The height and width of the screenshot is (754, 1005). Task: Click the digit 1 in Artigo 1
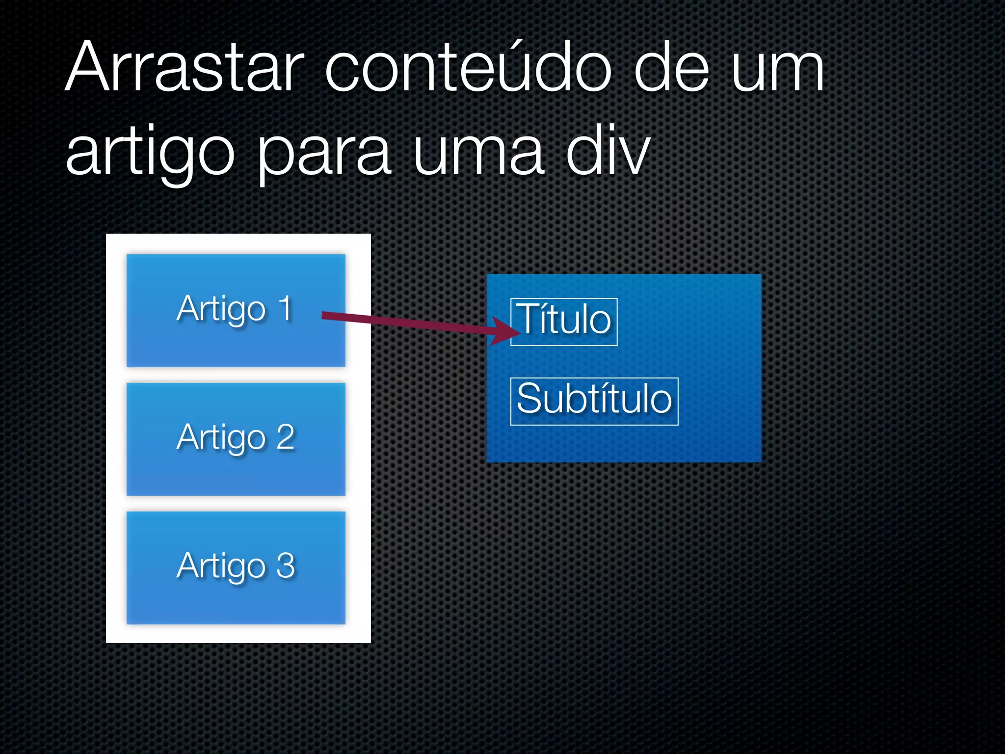coord(285,308)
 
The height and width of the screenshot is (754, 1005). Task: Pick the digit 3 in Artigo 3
coord(286,565)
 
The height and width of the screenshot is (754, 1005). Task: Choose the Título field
coord(564,322)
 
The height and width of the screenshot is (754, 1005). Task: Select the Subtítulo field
coord(594,401)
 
